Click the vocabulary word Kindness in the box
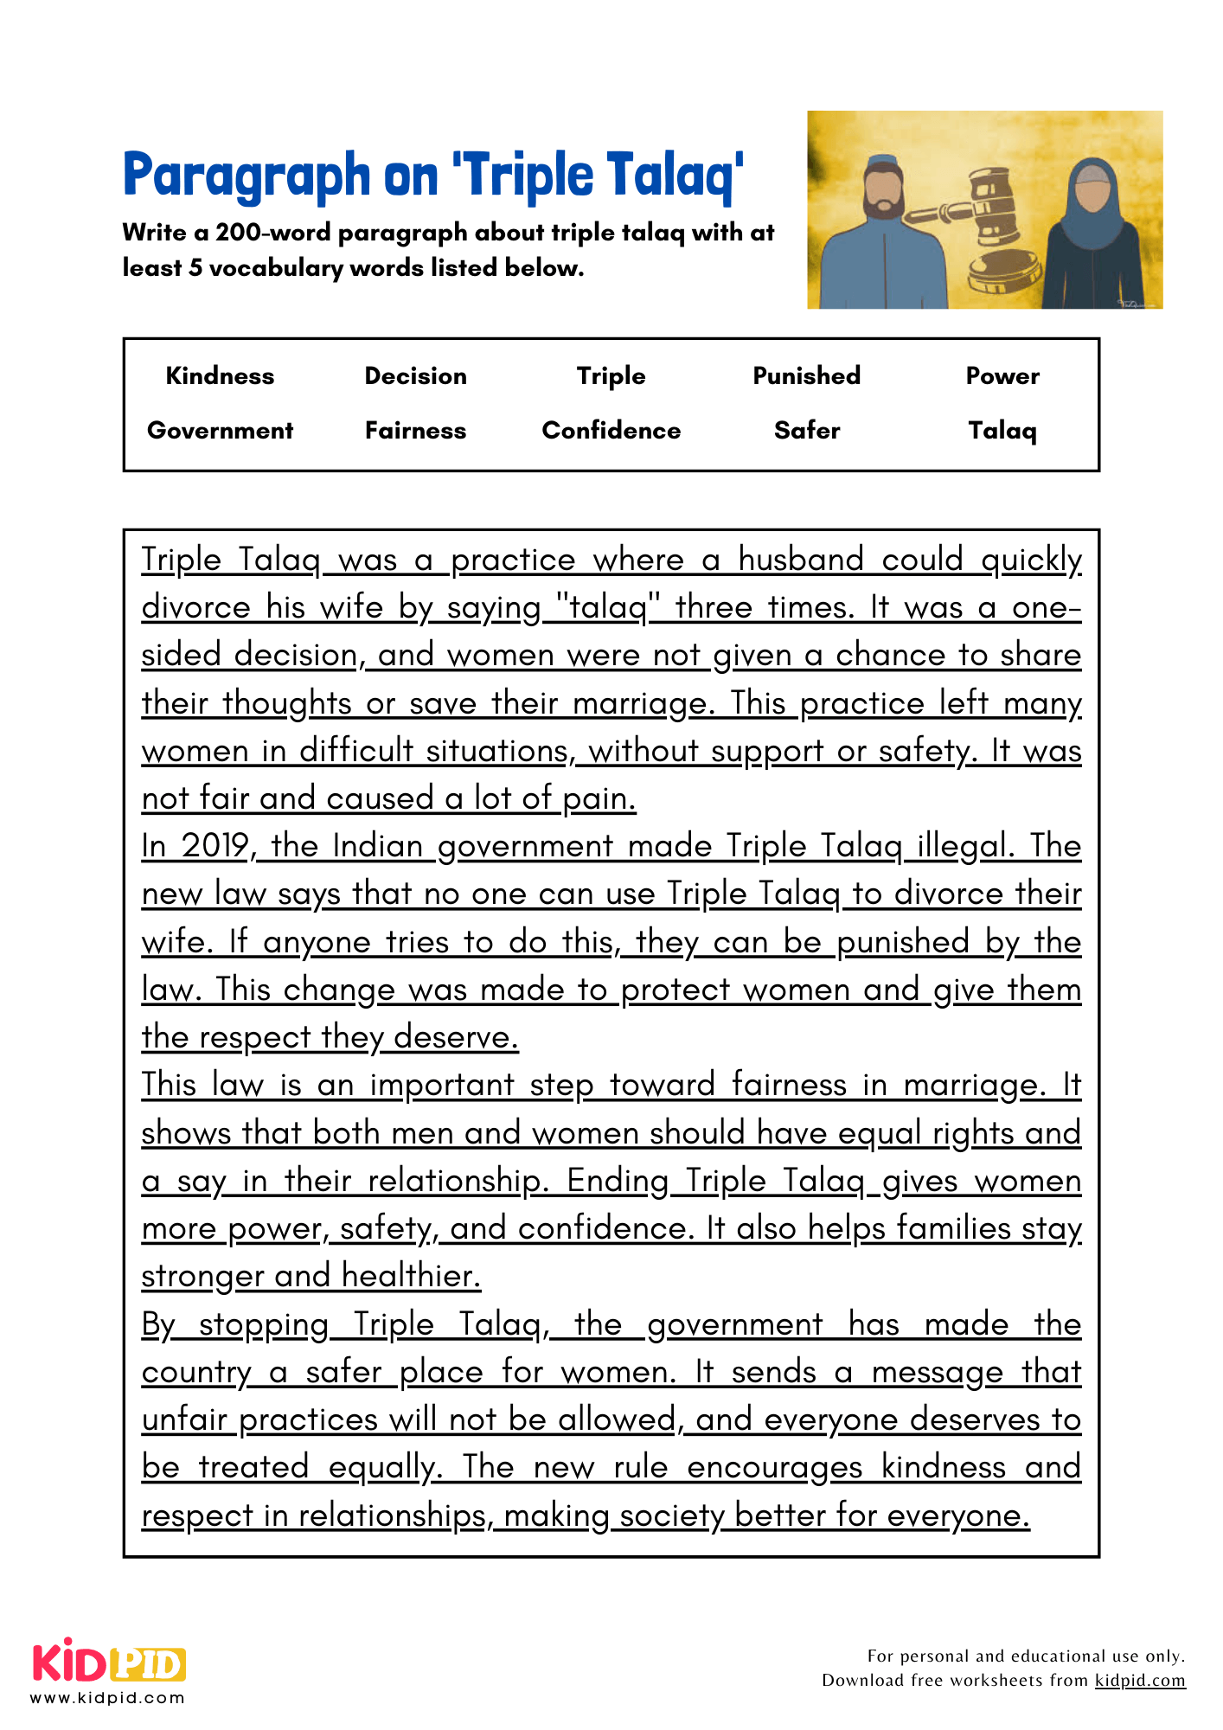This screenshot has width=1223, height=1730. (x=220, y=375)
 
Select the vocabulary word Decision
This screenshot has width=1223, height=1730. (x=415, y=375)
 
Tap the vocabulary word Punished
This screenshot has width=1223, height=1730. (x=806, y=375)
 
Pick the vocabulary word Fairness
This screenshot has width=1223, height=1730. (x=415, y=430)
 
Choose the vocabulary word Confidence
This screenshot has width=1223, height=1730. (x=611, y=430)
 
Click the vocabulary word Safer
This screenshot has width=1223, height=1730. (x=806, y=430)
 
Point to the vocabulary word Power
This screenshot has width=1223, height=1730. (x=1002, y=375)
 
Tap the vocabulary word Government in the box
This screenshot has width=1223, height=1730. (x=220, y=430)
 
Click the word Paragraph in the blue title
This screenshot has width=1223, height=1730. (x=247, y=176)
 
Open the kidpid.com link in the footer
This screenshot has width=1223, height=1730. (x=1139, y=1680)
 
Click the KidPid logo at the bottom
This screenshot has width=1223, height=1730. (x=109, y=1662)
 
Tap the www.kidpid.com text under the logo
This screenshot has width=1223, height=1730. (x=107, y=1697)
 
